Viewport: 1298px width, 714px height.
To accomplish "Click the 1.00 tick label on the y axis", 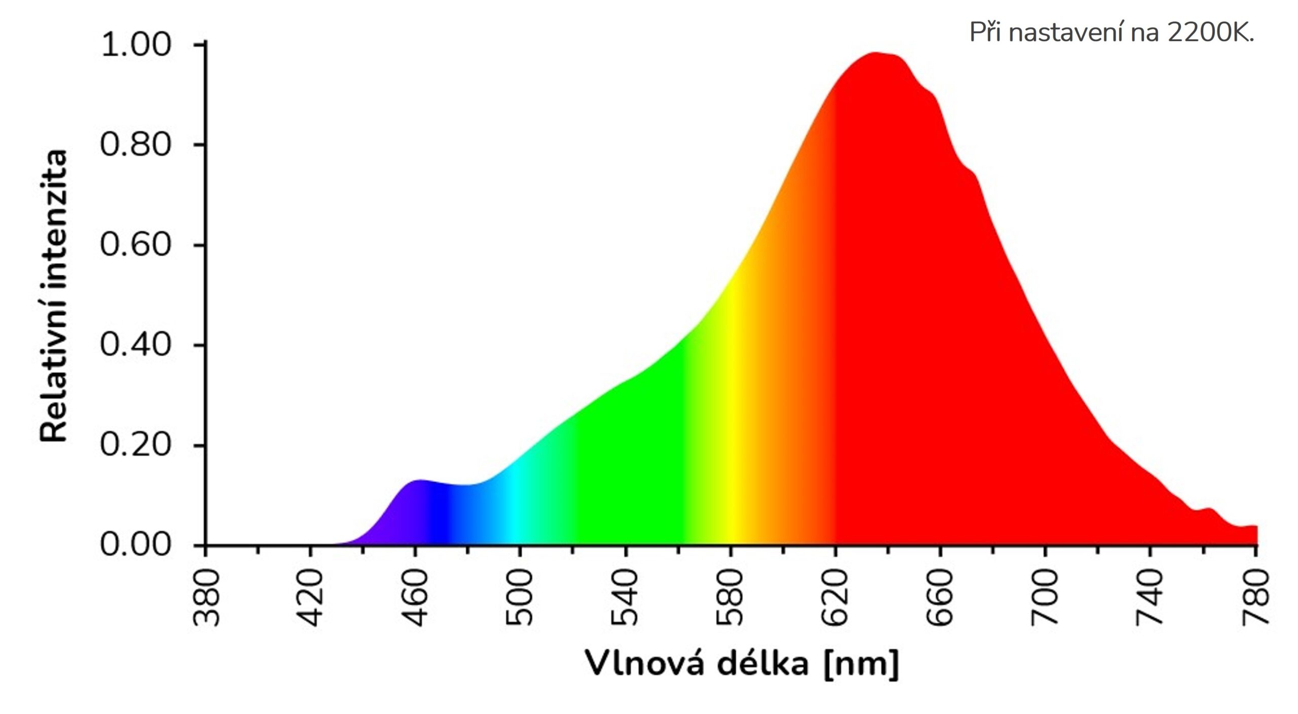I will pyautogui.click(x=136, y=45).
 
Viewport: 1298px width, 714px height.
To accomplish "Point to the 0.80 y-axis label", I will pyautogui.click(x=136, y=145).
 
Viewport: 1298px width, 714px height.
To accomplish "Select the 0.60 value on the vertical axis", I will pyautogui.click(x=136, y=245).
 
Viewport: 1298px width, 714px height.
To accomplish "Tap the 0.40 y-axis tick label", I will pyautogui.click(x=136, y=345).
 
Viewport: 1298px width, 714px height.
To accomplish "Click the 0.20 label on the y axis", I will pyautogui.click(x=136, y=445).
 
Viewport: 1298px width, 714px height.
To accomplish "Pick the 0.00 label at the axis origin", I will pyautogui.click(x=136, y=546).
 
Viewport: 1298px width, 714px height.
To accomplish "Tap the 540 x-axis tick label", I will pyautogui.click(x=625, y=597).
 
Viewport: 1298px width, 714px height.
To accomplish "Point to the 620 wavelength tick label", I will pyautogui.click(x=835, y=597).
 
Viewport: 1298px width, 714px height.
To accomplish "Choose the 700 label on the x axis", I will pyautogui.click(x=1044, y=597).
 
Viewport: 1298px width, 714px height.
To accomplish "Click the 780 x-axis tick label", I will pyautogui.click(x=1255, y=597).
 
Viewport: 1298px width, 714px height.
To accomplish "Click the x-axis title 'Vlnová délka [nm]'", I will pyautogui.click(x=742, y=663).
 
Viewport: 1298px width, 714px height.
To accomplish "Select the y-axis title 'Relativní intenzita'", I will pyautogui.click(x=54, y=297).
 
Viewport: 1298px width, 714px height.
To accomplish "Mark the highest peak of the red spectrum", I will pyautogui.click(x=876, y=54).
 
